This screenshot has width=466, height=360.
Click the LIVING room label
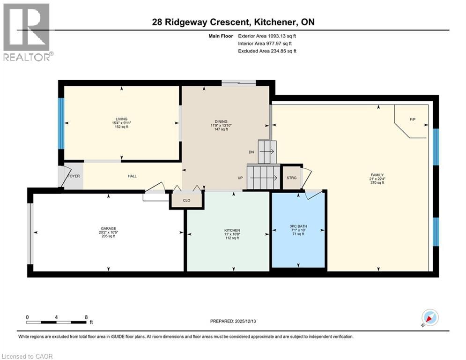tap(122, 119)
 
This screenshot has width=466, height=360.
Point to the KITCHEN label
tap(232, 230)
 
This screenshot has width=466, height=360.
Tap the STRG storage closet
tap(291, 178)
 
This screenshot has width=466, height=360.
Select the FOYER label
tap(74, 176)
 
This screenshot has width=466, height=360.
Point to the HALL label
tap(132, 176)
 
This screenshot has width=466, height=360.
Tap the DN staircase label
tap(251, 152)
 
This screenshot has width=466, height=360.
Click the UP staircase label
tap(240, 178)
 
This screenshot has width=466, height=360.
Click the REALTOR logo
tap(26, 32)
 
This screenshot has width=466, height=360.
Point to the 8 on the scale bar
tap(86, 317)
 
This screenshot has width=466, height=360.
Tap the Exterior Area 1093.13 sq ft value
tap(267, 36)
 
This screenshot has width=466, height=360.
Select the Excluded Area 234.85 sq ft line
tap(267, 51)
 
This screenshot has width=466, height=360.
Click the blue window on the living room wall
tap(60, 123)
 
